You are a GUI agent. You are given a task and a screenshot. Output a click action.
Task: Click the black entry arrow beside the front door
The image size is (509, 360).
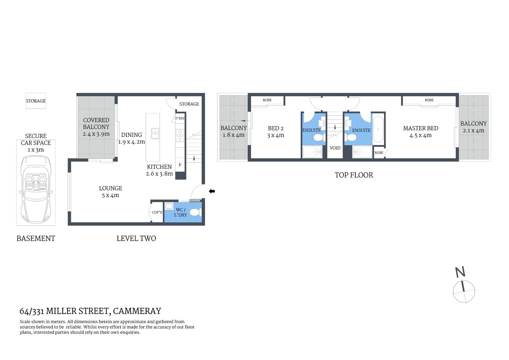(x=212, y=191)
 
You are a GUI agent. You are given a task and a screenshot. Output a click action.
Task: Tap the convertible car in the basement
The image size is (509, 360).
(x=36, y=190)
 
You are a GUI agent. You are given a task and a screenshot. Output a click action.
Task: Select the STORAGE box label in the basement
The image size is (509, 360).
(x=36, y=101)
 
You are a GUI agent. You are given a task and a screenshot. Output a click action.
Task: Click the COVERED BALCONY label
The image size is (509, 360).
(x=96, y=124)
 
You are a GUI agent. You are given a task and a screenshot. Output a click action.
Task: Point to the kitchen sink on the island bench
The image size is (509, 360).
(x=154, y=133)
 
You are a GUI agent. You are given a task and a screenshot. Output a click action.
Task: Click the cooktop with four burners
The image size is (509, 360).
(x=180, y=135)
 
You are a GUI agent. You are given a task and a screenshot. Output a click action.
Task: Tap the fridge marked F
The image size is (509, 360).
(x=180, y=165)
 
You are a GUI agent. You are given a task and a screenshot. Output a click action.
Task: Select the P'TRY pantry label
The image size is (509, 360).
(x=180, y=118)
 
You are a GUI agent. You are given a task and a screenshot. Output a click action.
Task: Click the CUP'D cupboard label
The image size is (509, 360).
(x=157, y=212)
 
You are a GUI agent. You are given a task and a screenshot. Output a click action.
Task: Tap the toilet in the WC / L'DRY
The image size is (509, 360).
(x=194, y=213)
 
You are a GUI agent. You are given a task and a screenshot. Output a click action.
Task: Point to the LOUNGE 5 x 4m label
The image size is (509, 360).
(x=111, y=192)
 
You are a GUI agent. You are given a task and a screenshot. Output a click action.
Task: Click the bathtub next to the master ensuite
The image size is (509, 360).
(x=378, y=129)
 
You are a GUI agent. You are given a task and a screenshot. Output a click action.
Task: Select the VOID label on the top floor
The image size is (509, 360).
(x=335, y=148)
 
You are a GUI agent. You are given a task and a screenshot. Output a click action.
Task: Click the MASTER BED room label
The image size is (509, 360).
(x=421, y=128)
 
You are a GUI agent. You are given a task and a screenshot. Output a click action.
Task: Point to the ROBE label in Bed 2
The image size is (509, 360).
(x=267, y=100)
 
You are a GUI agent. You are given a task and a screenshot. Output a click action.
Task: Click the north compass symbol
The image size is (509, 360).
(x=464, y=291)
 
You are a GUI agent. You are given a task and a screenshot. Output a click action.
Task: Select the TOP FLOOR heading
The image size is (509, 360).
(x=353, y=175)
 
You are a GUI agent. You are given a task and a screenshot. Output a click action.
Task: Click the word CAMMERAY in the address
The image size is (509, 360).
(x=137, y=311)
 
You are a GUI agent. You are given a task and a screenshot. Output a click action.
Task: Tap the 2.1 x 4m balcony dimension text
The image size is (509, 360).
(x=473, y=131)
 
